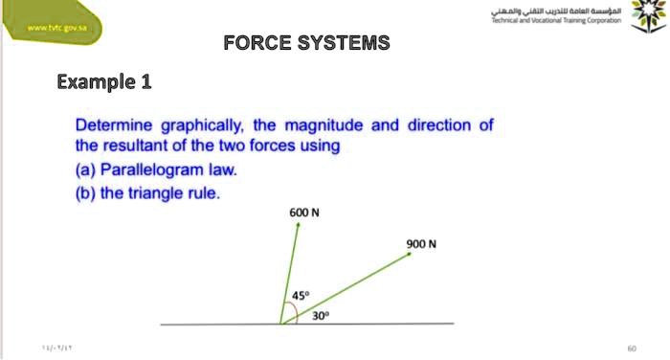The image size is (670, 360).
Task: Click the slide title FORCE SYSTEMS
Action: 306,43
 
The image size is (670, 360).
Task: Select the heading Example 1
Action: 104,81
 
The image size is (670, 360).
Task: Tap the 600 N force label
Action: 303,212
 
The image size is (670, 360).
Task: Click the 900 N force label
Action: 421,243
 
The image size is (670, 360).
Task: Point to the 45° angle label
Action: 300,296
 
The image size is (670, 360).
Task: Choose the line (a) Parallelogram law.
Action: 156,170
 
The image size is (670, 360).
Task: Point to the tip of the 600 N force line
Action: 298,224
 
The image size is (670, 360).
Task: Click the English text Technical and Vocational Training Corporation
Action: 556,19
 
